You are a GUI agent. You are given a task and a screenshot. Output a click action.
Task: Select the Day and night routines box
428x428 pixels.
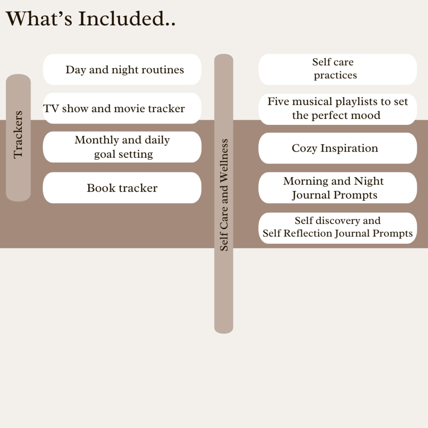(x=122, y=69)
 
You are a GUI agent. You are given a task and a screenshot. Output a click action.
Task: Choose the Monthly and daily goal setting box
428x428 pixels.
(x=122, y=147)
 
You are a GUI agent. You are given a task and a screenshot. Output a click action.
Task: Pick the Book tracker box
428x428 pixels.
(x=122, y=188)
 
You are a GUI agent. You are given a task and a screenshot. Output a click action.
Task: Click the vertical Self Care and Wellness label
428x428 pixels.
(x=224, y=194)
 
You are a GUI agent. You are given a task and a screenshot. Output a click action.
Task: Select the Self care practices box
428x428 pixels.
(x=337, y=69)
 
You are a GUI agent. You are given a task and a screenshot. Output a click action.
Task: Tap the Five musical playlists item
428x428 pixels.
(x=337, y=109)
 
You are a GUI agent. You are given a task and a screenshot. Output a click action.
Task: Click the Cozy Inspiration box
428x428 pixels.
(x=337, y=148)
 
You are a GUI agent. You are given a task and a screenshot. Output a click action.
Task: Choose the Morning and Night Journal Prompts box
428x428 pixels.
(x=337, y=188)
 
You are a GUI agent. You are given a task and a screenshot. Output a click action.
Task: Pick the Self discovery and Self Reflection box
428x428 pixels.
(x=337, y=227)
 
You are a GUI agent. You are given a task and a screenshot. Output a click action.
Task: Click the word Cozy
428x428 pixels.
(x=304, y=149)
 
